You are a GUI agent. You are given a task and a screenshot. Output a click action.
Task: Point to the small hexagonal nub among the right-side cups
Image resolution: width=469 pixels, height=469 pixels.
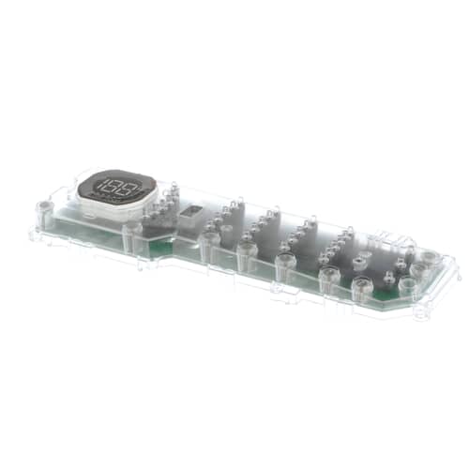coord(389,278)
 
